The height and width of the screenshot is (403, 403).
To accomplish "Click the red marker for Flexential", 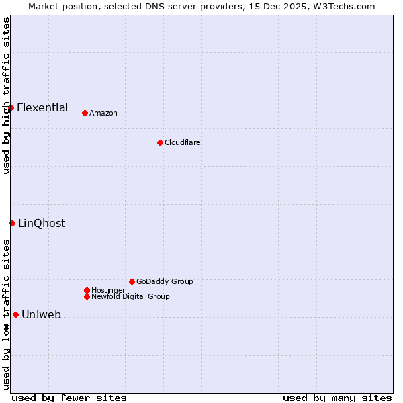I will click(x=11, y=107).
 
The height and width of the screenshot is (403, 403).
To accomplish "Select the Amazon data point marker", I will click(x=85, y=113).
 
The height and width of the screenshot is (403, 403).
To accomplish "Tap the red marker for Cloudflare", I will click(x=160, y=142).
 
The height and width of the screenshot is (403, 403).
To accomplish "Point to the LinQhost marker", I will click(x=12, y=223).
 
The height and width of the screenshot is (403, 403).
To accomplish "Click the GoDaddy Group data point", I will click(x=132, y=281).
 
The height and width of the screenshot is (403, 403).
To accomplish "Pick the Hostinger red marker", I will click(x=87, y=290).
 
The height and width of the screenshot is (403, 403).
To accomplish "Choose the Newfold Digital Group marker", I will click(x=87, y=296).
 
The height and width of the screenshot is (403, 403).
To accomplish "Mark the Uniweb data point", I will click(x=15, y=314).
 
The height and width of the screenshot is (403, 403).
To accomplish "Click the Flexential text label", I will click(x=42, y=107).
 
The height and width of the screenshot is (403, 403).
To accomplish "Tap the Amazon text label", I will click(x=103, y=113).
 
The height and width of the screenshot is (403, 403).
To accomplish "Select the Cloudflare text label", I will click(x=183, y=142).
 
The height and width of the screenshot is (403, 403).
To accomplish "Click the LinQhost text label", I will click(x=42, y=224).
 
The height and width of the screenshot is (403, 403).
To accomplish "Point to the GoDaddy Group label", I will click(x=165, y=281).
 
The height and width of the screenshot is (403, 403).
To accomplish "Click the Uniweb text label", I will click(x=41, y=315).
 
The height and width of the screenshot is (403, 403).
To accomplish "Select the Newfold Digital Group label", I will click(x=130, y=296).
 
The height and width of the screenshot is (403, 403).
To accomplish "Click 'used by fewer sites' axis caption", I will click(x=69, y=398).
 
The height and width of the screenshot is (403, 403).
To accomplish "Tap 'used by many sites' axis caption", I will click(x=337, y=398).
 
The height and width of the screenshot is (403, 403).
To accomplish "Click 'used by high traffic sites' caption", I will click(x=6, y=95).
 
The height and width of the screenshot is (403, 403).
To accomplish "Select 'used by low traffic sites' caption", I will click(x=6, y=314).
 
